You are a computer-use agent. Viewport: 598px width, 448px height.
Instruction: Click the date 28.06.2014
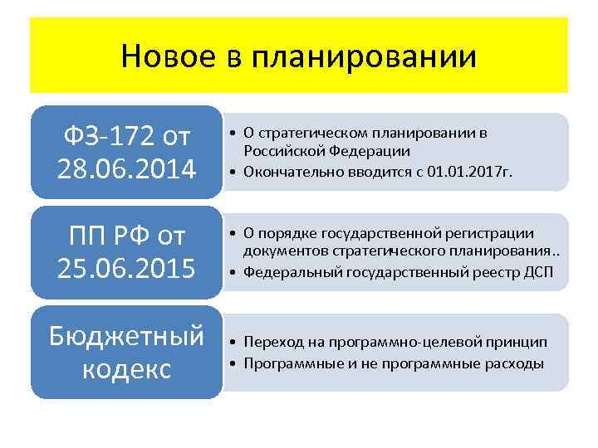point(126,169)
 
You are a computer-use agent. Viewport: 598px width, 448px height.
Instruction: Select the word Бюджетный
point(126,337)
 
